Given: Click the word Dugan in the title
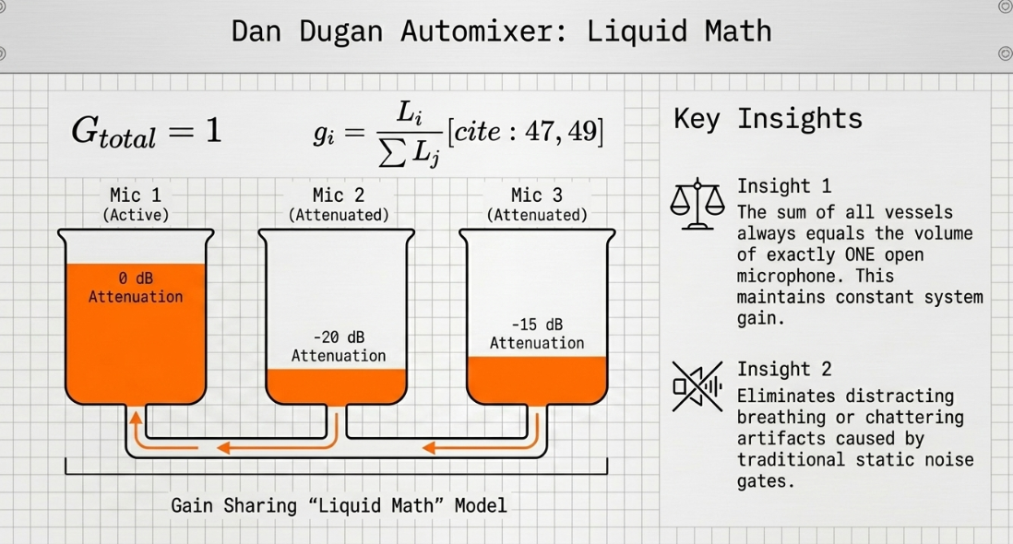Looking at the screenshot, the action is click(x=340, y=31).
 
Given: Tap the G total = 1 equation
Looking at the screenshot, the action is click(x=147, y=132).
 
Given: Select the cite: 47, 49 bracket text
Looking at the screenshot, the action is click(x=525, y=132).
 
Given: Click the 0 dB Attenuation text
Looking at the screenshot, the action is click(x=136, y=288).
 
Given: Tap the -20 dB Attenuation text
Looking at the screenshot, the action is click(x=339, y=347).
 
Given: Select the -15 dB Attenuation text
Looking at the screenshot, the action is click(x=537, y=334).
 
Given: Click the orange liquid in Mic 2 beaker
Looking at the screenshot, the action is click(x=337, y=386).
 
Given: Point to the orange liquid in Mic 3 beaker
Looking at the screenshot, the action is click(x=537, y=380).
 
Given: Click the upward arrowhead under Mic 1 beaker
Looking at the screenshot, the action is click(x=136, y=418).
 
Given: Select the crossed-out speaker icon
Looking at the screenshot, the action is click(x=697, y=386).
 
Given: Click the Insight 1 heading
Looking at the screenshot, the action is click(x=784, y=186).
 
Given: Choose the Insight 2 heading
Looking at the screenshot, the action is click(x=784, y=369).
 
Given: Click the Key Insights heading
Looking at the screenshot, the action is click(x=769, y=119).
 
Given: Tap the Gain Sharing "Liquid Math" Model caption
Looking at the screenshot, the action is click(x=339, y=505).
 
